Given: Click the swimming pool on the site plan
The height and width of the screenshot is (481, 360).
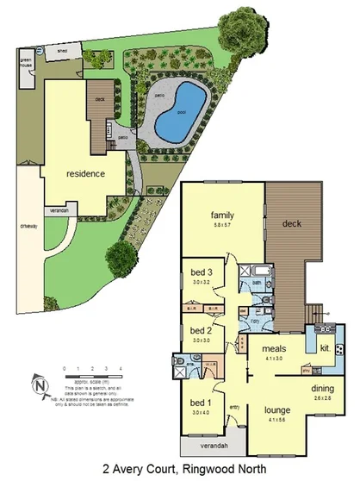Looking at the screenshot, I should tap(179, 115).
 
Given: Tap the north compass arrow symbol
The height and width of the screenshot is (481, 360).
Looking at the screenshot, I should tap(39, 384).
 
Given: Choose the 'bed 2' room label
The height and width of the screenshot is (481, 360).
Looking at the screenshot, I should tap(200, 330).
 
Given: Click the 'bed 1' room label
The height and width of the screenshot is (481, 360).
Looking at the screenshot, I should tap(200, 404).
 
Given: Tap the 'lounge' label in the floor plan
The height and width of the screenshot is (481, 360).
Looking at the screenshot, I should tap(277, 409).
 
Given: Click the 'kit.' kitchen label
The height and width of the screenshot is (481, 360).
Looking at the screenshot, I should tap(324, 348).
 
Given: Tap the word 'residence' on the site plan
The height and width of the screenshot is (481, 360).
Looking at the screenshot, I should tap(85, 173).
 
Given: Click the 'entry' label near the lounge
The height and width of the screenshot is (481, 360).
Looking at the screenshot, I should tap(233, 408).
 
